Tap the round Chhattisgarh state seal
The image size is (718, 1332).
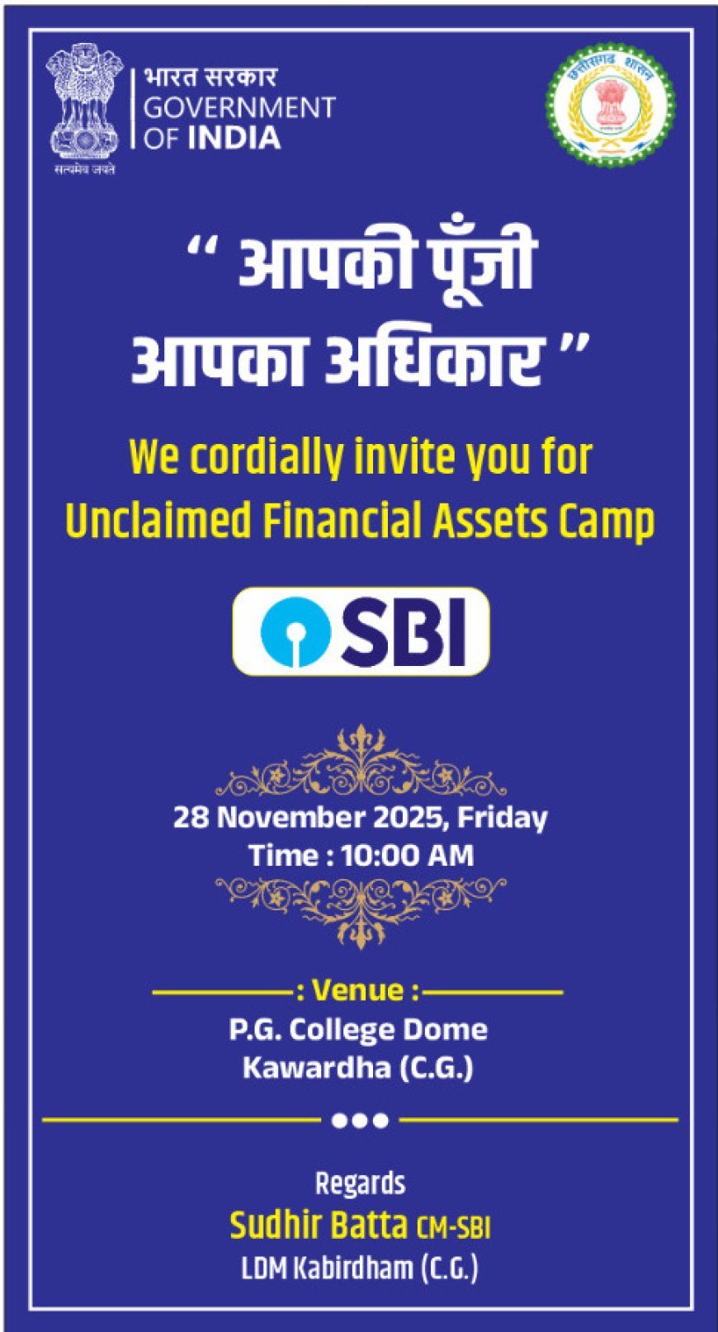click(x=611, y=106)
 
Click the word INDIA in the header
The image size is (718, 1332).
click(x=234, y=139)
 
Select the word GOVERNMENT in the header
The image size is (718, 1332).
click(x=239, y=107)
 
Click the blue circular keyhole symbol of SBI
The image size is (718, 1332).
click(x=295, y=631)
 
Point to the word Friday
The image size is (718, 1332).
click(x=502, y=819)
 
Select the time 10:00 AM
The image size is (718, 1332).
click(x=408, y=857)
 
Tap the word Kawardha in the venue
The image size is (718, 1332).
click(x=317, y=1067)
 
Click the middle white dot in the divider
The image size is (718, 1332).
click(x=360, y=1120)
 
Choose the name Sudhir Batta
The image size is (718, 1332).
click(x=319, y=1225)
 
